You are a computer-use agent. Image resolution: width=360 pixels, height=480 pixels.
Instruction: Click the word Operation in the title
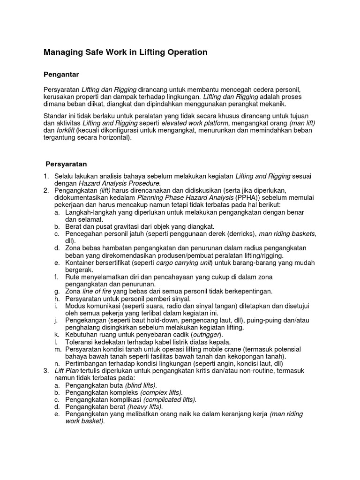pos(183,52)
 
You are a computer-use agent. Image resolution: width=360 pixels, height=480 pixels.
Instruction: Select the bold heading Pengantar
pos(61,74)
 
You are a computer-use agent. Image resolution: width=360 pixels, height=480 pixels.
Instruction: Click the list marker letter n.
pos(56,364)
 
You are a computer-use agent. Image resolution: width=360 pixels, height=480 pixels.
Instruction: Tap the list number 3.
pos(46,371)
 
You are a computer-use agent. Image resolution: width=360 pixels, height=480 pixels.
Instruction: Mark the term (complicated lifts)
pos(170,400)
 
